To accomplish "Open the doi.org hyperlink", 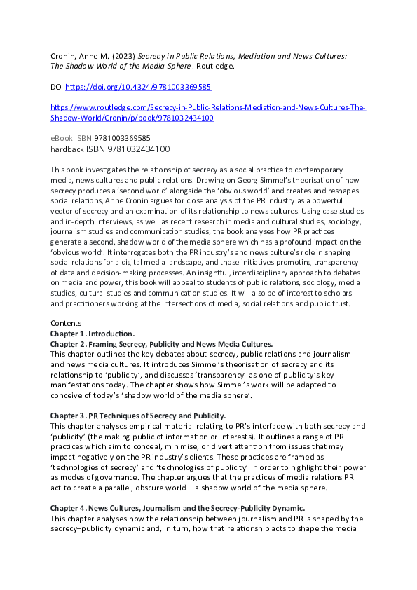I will click(138, 88).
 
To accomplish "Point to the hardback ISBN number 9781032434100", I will click(128, 149).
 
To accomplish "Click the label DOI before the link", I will click(57, 88).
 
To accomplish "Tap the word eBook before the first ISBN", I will click(63, 138).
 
